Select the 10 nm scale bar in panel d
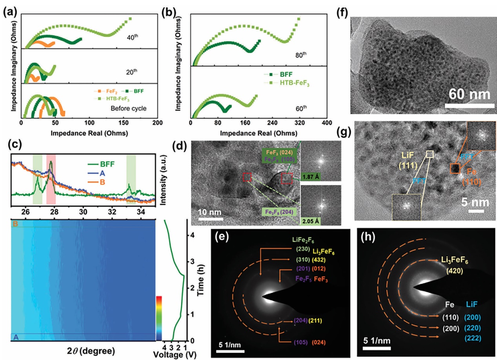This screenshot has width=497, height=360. [211, 218]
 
